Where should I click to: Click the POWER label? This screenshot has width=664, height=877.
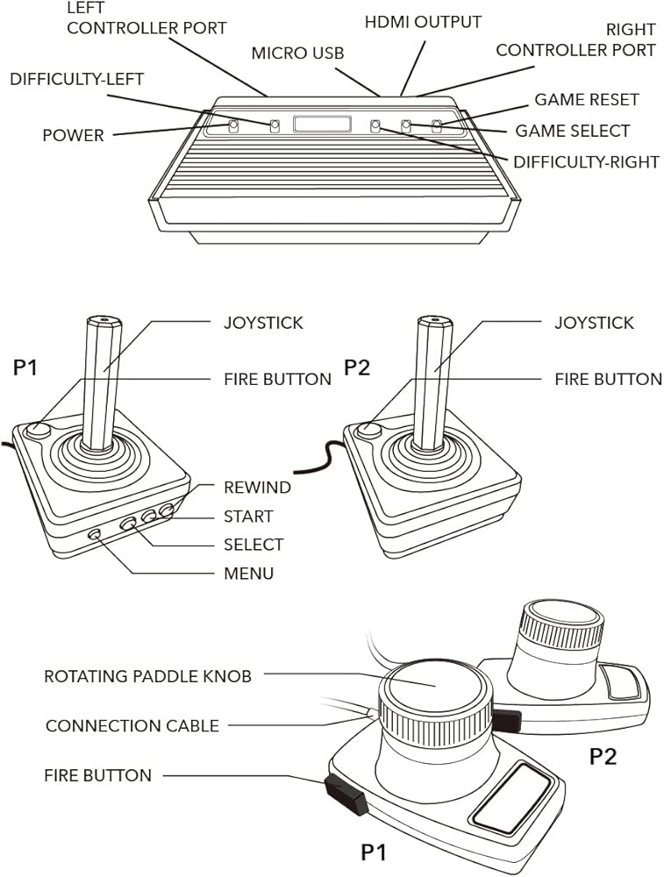[73, 136]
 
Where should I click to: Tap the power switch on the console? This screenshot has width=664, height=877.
[233, 126]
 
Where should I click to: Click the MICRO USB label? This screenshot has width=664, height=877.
[297, 53]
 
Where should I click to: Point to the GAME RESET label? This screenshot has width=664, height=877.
[587, 100]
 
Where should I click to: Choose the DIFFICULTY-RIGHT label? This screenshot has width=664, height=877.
[585, 162]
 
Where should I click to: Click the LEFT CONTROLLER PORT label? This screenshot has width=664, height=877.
[146, 19]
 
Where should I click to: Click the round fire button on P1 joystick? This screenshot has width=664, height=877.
[38, 430]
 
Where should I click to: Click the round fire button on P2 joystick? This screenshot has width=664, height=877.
[368, 430]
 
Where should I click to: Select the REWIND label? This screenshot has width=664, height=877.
[257, 488]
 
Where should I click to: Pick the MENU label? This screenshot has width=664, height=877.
[248, 574]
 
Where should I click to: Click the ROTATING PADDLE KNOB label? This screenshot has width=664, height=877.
[147, 676]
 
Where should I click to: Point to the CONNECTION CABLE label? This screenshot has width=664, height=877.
[132, 726]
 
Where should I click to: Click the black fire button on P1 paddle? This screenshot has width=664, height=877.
[346, 794]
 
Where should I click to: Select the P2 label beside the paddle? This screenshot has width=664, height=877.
[602, 755]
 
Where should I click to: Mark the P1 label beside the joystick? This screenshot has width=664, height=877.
[25, 367]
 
